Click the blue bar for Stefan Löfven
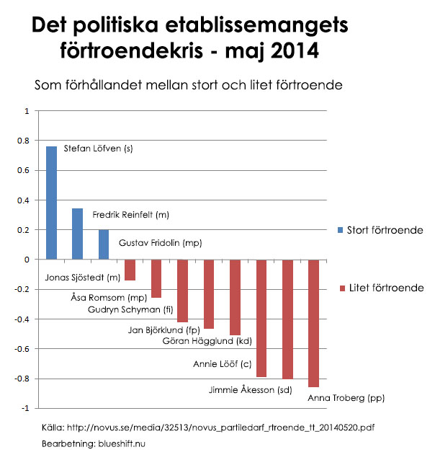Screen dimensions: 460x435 pyautogui.click(x=52, y=203)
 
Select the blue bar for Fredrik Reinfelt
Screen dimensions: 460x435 pyautogui.click(x=78, y=234)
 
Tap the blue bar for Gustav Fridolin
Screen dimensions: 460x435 pyautogui.click(x=104, y=244)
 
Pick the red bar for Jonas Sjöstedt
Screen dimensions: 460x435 pyautogui.click(x=130, y=270)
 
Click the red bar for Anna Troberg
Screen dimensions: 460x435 pyautogui.click(x=313, y=323)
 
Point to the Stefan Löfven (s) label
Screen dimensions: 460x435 pyautogui.click(x=99, y=149)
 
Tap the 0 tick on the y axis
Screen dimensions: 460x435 pyautogui.click(x=27, y=260)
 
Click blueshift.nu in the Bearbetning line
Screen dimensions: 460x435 pyautogui.click(x=120, y=443)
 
